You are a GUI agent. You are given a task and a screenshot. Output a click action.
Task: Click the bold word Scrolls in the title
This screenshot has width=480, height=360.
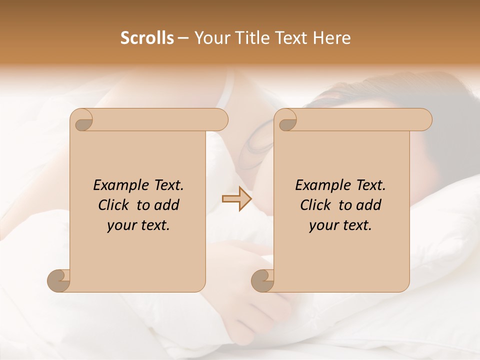pyautogui.click(x=147, y=38)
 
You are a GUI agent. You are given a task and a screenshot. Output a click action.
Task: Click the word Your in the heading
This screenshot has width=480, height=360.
pyautogui.click(x=212, y=38)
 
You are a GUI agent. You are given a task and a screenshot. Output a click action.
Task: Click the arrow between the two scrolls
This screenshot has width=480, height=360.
pyautogui.click(x=236, y=198)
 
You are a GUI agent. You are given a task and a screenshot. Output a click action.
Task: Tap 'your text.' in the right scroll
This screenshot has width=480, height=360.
pyautogui.click(x=340, y=225)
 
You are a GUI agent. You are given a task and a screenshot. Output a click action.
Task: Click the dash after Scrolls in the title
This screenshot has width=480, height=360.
pyautogui.click(x=183, y=38)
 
